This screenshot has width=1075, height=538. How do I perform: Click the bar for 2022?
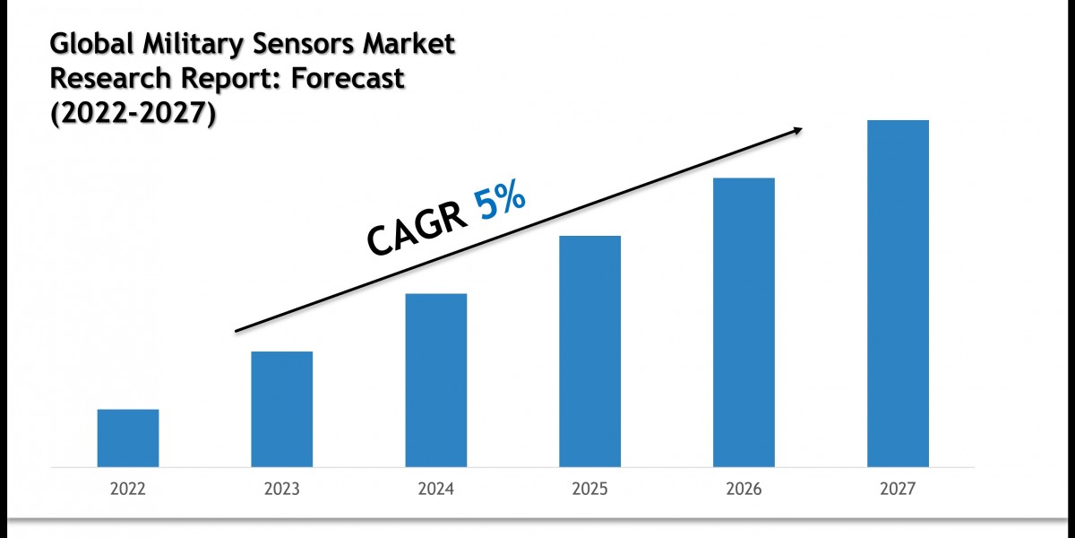tap(128, 438)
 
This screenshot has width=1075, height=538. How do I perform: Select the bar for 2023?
tap(282, 410)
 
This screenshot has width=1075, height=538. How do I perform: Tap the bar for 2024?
tap(436, 380)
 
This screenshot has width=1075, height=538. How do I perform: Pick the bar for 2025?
tap(589, 351)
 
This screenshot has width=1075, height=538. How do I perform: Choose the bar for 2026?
tap(744, 323)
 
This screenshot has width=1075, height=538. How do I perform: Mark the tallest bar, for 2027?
tap(898, 294)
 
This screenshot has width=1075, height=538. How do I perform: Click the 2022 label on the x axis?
tap(128, 490)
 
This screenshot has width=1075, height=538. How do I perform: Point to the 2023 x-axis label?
tap(282, 490)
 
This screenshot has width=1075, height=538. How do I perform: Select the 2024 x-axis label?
tap(436, 490)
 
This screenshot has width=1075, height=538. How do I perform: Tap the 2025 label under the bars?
tap(589, 490)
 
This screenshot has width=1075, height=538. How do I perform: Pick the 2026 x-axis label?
tap(744, 490)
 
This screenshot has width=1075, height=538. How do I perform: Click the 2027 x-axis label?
tap(898, 490)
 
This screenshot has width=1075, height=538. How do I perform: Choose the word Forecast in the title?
tap(350, 79)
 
